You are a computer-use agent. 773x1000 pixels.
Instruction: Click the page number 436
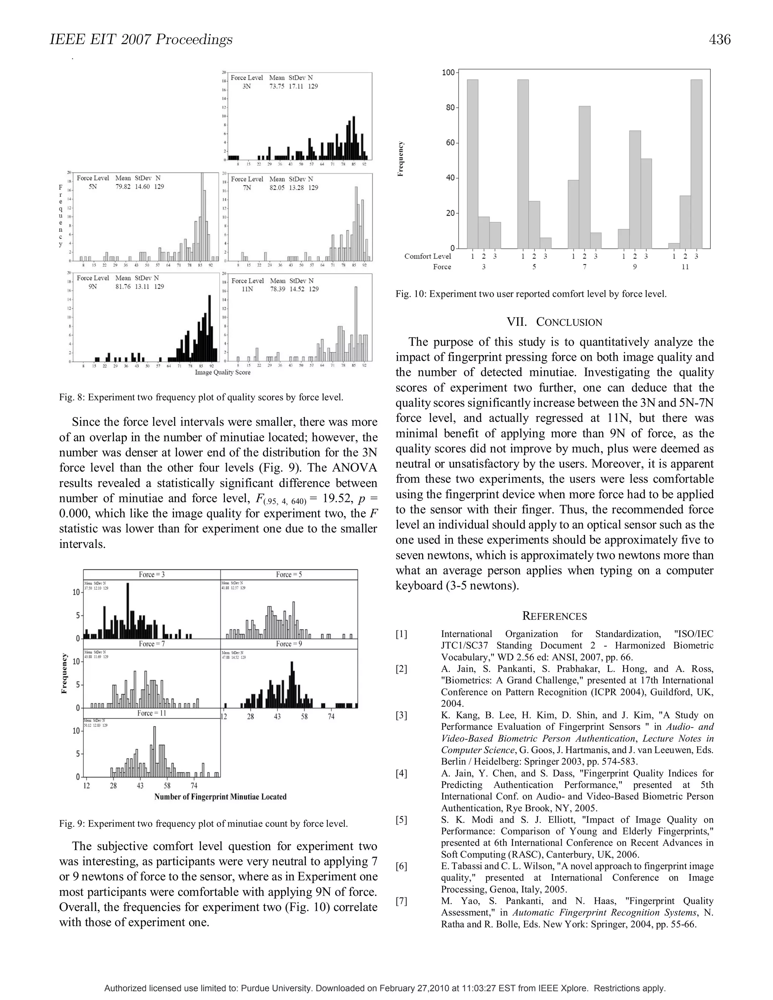[719, 40]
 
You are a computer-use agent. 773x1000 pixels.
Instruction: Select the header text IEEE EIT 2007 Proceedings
[141, 40]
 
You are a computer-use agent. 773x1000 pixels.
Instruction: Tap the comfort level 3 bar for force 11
[696, 164]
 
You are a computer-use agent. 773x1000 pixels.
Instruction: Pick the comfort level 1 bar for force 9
[623, 238]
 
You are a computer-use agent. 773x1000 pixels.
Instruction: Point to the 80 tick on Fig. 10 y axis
[449, 108]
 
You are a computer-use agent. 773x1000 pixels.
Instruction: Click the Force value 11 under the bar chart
[685, 267]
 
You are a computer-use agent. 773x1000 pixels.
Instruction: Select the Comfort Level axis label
[427, 256]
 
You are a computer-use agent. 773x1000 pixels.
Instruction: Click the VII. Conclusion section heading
[554, 322]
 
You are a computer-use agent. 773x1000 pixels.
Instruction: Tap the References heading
[554, 616]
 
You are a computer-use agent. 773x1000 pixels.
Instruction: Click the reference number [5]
[401, 820]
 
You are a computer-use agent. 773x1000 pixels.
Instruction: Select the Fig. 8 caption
[201, 397]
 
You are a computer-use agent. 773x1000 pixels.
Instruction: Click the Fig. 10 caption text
[531, 294]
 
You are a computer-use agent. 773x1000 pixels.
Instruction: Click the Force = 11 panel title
[152, 713]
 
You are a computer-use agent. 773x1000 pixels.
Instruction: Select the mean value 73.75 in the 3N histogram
[277, 86]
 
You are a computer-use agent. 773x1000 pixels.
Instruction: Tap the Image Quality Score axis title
[223, 372]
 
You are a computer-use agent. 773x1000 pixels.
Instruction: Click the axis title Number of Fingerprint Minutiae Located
[220, 797]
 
